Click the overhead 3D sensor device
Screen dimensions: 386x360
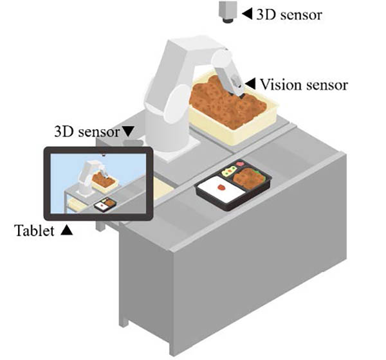[x=228, y=12]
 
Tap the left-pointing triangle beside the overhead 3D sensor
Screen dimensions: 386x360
[x=247, y=14]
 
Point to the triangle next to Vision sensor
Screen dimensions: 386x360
[x=250, y=84]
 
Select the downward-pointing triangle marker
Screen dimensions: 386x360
[x=128, y=131]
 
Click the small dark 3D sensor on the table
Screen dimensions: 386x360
[x=133, y=143]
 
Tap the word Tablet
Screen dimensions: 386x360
[x=35, y=231]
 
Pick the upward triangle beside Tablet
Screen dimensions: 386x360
[x=66, y=230]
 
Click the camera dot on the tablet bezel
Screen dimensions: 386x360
[x=104, y=155]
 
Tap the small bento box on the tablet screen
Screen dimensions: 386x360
[x=106, y=204]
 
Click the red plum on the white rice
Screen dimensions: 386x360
[x=221, y=187]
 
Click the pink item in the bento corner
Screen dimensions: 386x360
[x=239, y=163]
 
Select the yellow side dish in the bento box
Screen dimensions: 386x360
[x=228, y=171]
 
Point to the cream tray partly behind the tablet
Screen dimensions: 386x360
[x=163, y=188]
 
